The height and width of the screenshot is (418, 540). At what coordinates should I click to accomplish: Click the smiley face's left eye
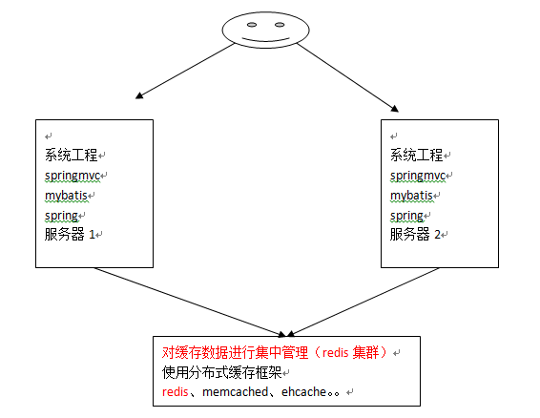pos(252,25)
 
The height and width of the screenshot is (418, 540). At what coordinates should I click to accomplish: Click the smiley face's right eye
pos(280,25)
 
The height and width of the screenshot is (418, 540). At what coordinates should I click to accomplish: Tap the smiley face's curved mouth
pos(265,39)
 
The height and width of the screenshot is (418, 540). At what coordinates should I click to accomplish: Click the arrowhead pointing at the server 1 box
pos(139,95)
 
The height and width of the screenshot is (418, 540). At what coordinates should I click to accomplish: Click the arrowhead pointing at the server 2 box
pos(395,109)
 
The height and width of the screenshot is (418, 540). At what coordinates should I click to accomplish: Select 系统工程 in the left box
pos(72,155)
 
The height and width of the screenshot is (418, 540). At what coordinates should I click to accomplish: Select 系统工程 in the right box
pos(417,155)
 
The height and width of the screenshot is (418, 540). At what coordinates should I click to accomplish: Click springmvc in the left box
pos(73,176)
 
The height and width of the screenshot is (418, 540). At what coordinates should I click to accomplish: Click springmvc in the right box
pos(418,176)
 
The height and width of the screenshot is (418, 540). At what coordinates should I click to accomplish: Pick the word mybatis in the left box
pos(66,196)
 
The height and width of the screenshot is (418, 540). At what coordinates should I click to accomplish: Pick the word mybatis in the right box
pos(411,196)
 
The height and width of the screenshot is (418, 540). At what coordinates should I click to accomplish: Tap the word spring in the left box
pos(61,216)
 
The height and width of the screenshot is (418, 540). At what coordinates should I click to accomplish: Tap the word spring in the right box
pos(406,216)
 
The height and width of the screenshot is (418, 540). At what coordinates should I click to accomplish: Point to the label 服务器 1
pos(70,235)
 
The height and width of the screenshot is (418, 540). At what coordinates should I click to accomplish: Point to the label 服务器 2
pos(415,235)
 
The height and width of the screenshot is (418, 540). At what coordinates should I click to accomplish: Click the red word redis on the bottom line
pos(175,392)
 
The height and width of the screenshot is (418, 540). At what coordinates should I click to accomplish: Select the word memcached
pos(236,392)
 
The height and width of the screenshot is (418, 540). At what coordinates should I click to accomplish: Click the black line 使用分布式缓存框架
pos(221,372)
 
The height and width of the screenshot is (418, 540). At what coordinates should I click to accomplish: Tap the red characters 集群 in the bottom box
pos(365,353)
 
